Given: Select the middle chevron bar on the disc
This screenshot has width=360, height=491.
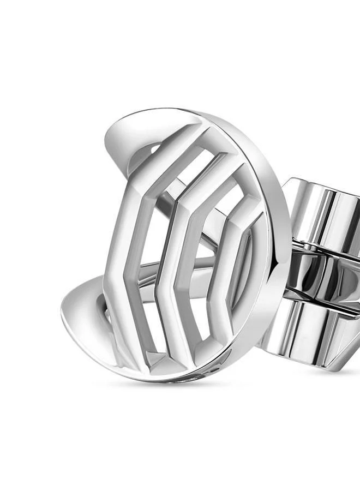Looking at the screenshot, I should coord(166,256).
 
